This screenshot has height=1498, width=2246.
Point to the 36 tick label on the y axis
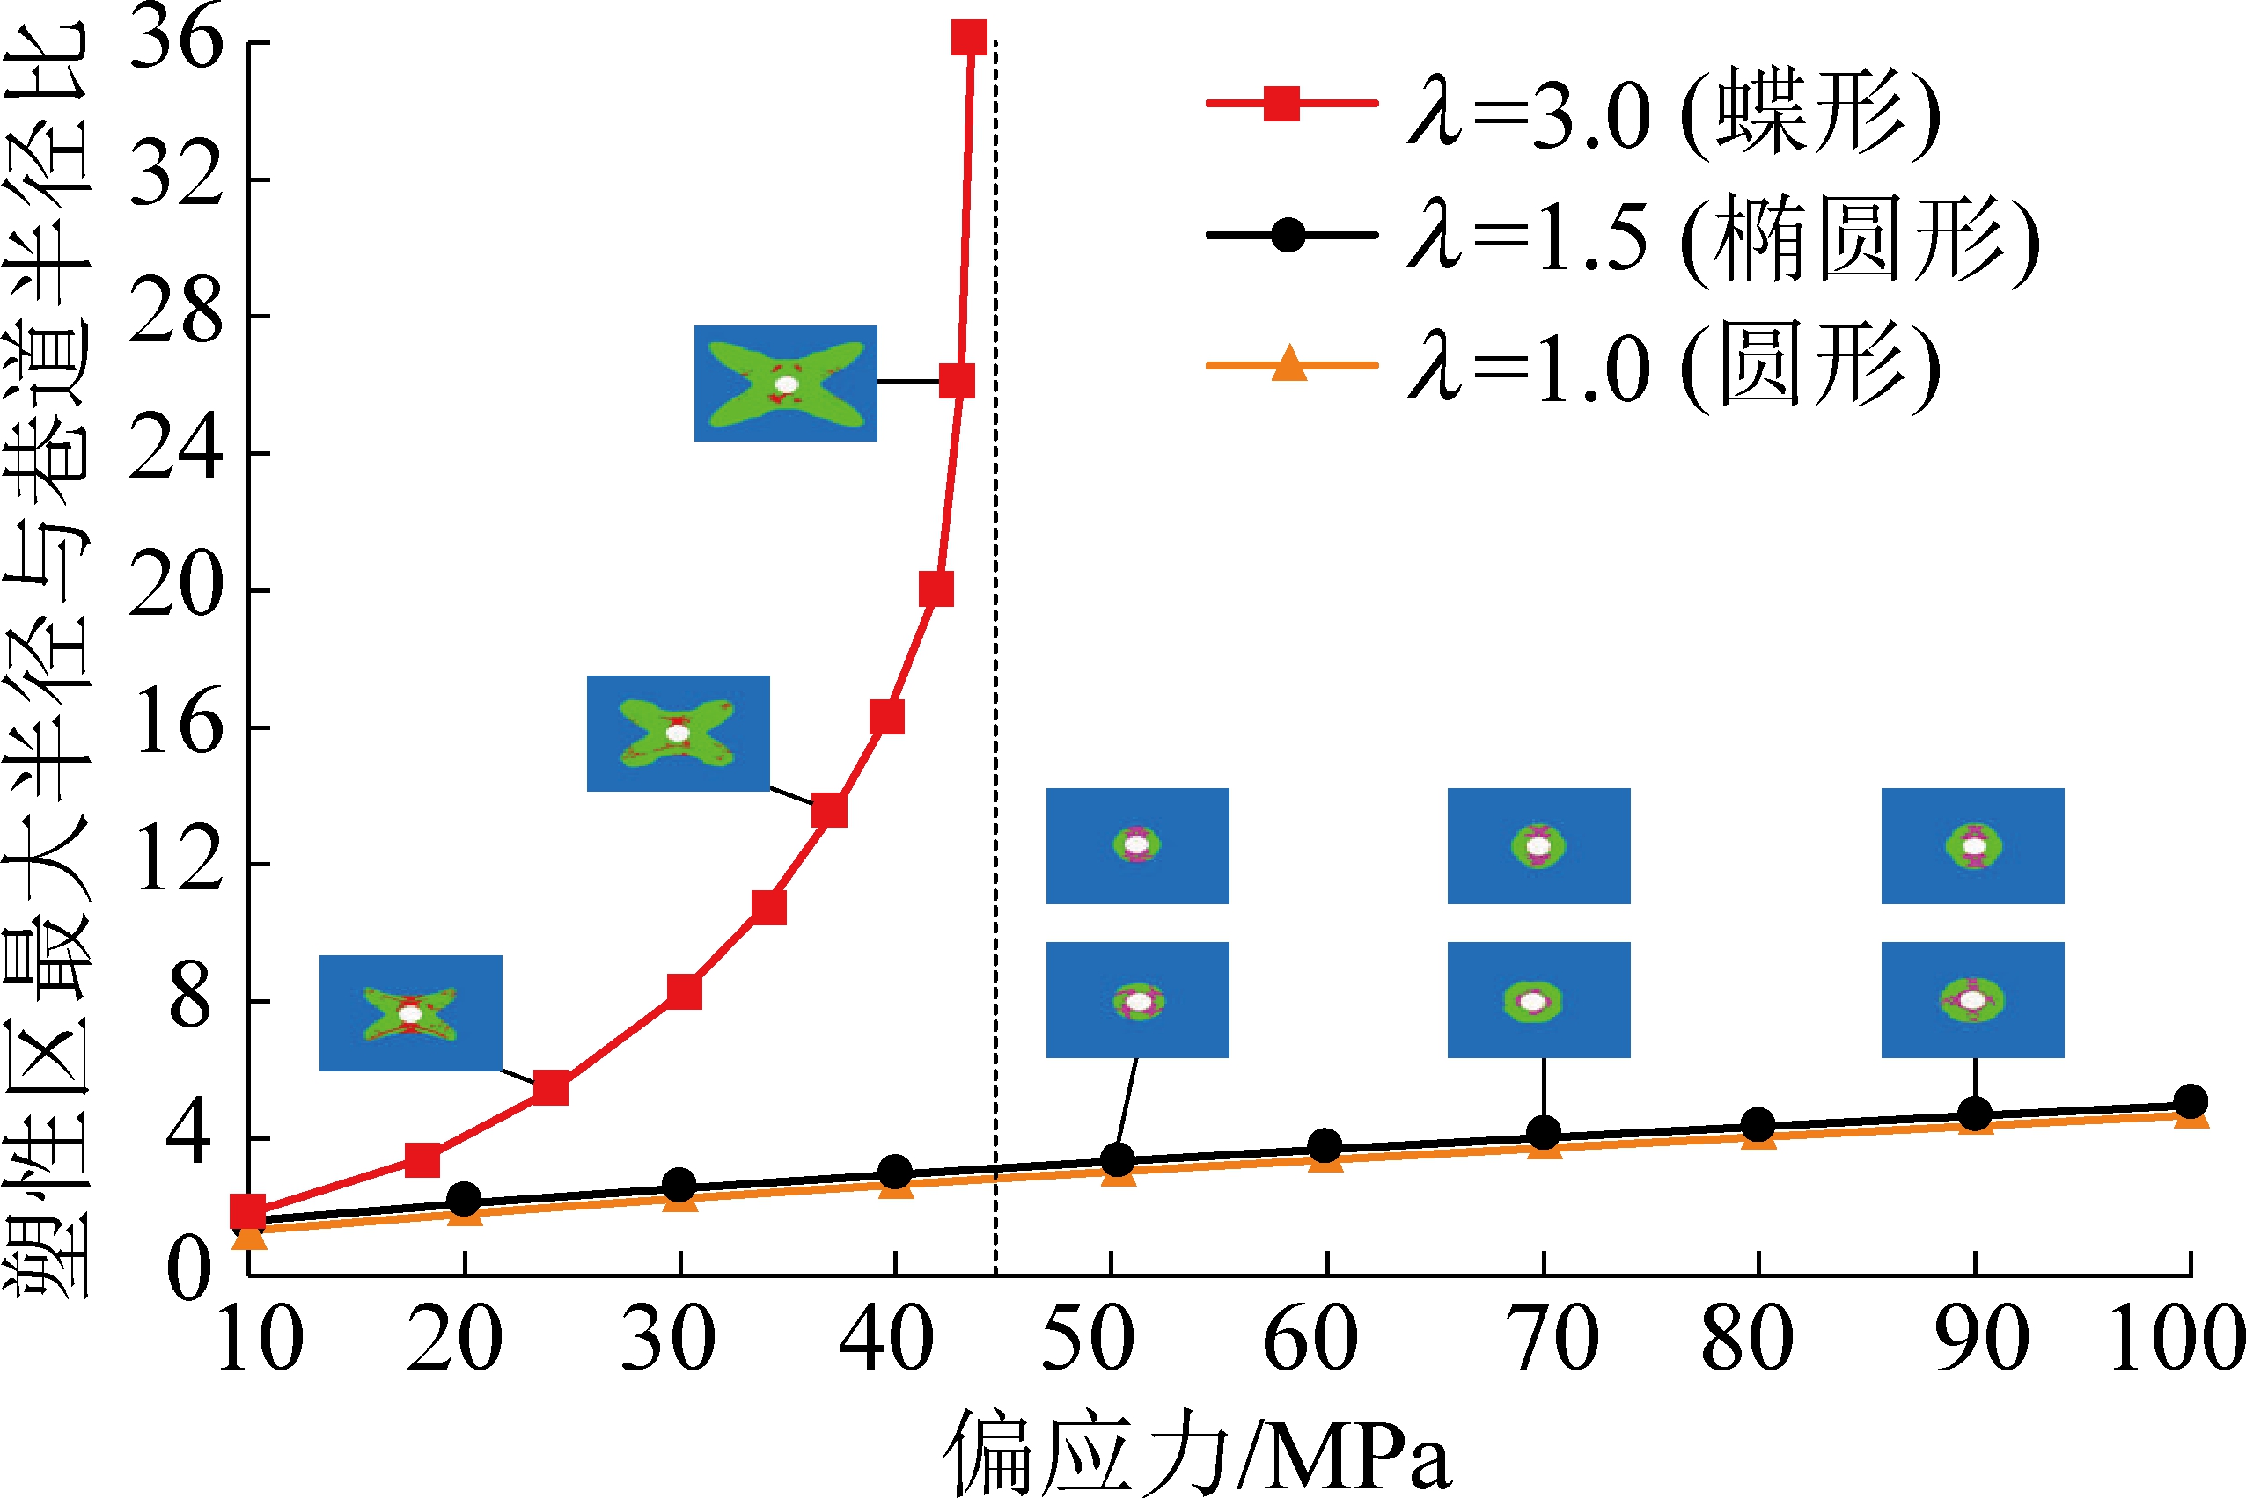[x=176, y=42]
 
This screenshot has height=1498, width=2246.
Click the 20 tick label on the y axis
[x=176, y=589]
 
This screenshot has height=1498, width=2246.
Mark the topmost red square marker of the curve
[x=969, y=38]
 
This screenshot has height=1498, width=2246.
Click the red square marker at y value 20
[x=936, y=589]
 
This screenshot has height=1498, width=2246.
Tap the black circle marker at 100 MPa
[x=2191, y=1100]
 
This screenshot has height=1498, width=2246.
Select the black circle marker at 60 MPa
[x=1325, y=1145]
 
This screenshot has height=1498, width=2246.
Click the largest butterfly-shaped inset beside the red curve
[x=786, y=384]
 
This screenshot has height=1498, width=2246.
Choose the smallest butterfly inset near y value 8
[x=410, y=1012]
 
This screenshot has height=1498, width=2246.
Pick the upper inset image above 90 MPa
[x=1972, y=845]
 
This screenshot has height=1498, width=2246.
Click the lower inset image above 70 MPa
[x=1538, y=1000]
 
